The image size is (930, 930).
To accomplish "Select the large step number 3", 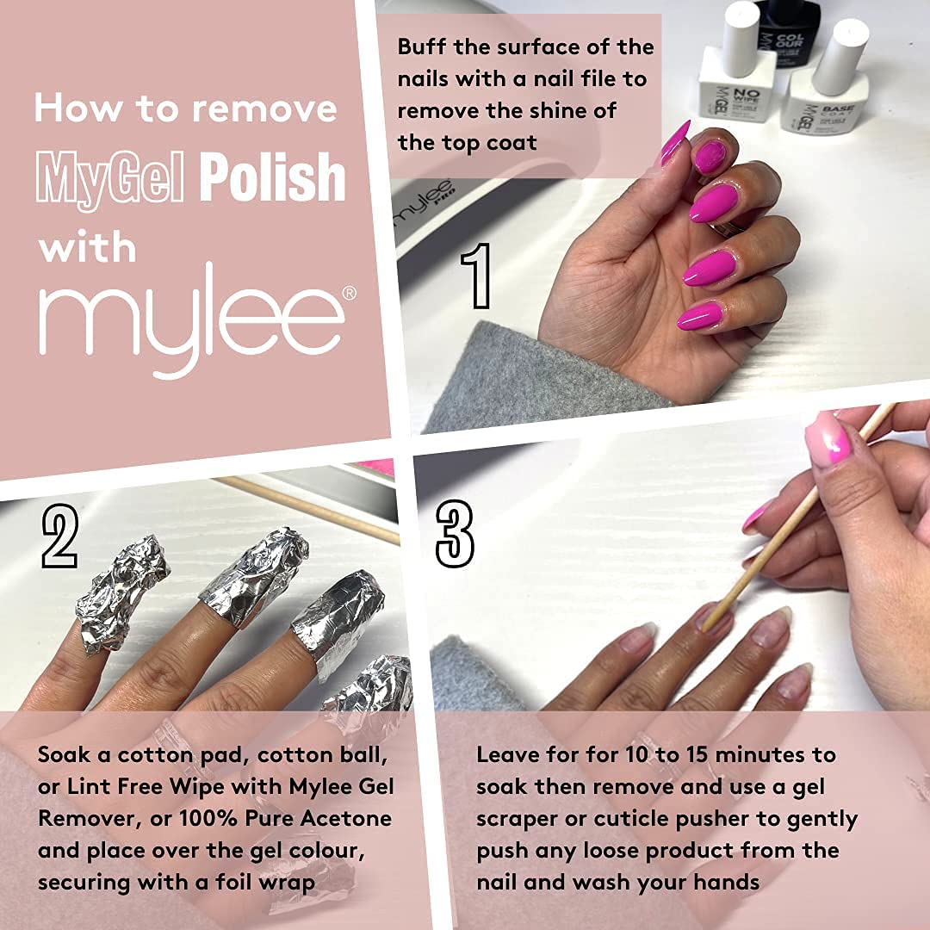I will [x=455, y=535].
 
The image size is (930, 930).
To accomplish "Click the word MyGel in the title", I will [x=112, y=178].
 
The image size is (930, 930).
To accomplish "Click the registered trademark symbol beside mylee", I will [x=350, y=293].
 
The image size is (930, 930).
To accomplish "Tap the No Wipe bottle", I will [x=735, y=82].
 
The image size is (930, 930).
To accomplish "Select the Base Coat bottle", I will [x=825, y=95].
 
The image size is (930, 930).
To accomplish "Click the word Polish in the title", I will [x=273, y=178].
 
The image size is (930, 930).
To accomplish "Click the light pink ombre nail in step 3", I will [x=828, y=439].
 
